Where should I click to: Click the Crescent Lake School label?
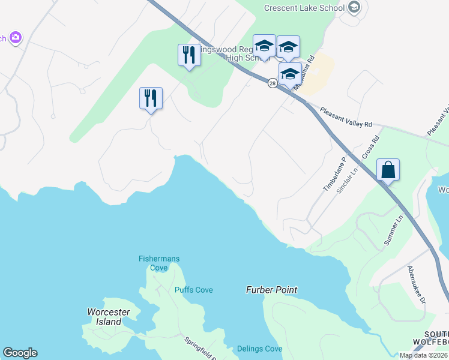pyautogui.click(x=304, y=8)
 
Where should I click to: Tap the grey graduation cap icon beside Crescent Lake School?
pyautogui.click(x=354, y=8)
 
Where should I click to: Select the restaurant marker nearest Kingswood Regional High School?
pyautogui.click(x=190, y=55)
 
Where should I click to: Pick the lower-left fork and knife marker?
pyautogui.click(x=151, y=98)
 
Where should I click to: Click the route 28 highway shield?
pyautogui.click(x=273, y=84)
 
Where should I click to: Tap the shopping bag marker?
pyautogui.click(x=388, y=170)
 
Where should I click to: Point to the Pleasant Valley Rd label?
pyautogui.click(x=346, y=117)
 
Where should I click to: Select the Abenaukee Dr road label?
pyautogui.click(x=416, y=286)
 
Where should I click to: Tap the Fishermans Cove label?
pyautogui.click(x=159, y=263)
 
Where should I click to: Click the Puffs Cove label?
pyautogui.click(x=193, y=290)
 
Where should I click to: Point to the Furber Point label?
pyautogui.click(x=271, y=290)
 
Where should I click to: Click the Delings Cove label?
pyautogui.click(x=259, y=349)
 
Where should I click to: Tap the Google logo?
pyautogui.click(x=20, y=353)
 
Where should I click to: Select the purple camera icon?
pyautogui.click(x=15, y=38)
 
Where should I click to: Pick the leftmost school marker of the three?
pyautogui.click(x=264, y=46)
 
